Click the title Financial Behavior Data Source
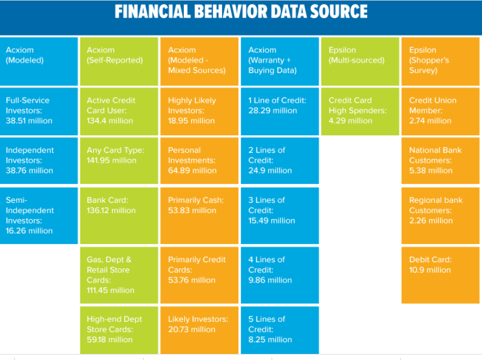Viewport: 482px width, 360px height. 241,12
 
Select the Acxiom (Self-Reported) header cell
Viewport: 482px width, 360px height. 119,61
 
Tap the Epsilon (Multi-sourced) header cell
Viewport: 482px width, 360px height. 360,61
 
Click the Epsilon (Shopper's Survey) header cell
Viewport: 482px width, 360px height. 441,61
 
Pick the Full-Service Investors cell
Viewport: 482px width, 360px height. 39,112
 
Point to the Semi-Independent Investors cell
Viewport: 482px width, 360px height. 39,215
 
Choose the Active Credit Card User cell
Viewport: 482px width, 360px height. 119,112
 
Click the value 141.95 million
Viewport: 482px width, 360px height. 112,161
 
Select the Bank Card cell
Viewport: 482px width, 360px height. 119,215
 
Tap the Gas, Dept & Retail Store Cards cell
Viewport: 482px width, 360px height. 119,275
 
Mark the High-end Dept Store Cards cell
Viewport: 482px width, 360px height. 119,330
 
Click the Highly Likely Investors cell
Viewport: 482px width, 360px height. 199,112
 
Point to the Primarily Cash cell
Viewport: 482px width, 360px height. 199,215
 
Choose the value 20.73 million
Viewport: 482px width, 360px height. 192,330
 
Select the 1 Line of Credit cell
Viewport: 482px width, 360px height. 280,112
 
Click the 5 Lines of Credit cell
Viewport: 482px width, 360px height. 280,330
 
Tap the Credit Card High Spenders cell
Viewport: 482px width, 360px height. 360,112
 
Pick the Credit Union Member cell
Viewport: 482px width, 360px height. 441,112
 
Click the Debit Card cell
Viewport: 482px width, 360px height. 441,275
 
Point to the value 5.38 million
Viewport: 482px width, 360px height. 431,171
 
